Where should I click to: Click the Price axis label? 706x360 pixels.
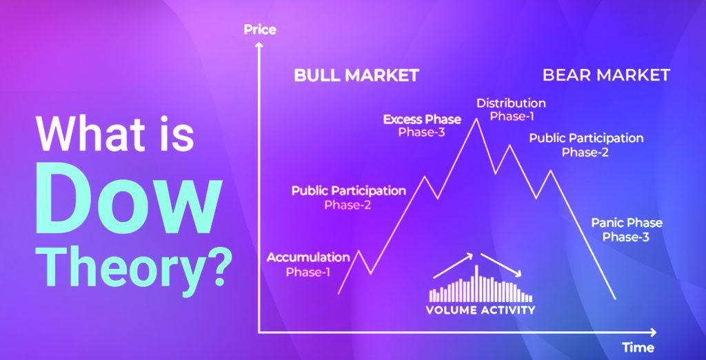pyautogui.click(x=260, y=30)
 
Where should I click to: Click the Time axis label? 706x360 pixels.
pyautogui.click(x=638, y=348)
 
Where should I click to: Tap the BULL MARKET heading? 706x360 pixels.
pyautogui.click(x=356, y=75)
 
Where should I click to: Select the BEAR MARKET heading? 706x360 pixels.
pyautogui.click(x=606, y=74)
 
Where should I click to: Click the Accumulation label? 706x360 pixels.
pyautogui.click(x=308, y=258)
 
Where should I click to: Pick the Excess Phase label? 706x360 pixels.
pyautogui.click(x=422, y=120)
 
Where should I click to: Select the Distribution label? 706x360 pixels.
pyautogui.click(x=511, y=103)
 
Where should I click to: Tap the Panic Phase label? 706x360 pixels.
pyautogui.click(x=626, y=223)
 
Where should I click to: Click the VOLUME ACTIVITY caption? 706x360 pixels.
pyautogui.click(x=481, y=310)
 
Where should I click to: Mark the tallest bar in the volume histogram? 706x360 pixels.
pyautogui.click(x=476, y=283)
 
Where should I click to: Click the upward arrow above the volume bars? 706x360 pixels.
pyautogui.click(x=453, y=266)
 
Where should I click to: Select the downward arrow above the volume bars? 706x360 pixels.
pyautogui.click(x=501, y=264)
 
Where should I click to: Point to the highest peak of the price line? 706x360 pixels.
pyautogui.click(x=476, y=118)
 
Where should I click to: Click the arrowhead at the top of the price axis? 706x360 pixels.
pyautogui.click(x=259, y=46)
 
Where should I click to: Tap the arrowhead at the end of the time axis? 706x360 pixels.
pyautogui.click(x=652, y=332)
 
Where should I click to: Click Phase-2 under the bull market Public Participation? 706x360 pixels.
pyautogui.click(x=347, y=206)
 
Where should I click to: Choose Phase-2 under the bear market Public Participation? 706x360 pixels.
pyautogui.click(x=585, y=152)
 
